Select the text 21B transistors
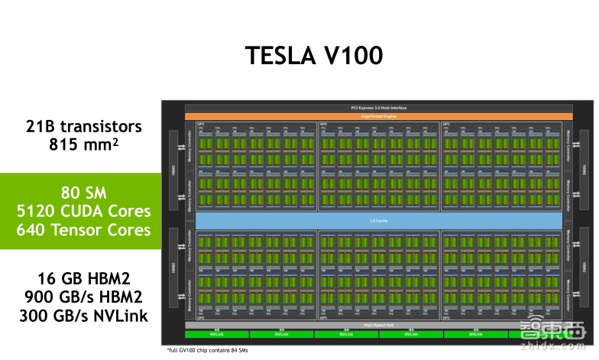tap(84, 127)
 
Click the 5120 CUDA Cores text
tap(83, 210)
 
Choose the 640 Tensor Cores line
tap(83, 229)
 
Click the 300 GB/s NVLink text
tap(84, 315)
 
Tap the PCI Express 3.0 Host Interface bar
tap(379, 109)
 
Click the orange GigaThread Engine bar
tap(379, 116)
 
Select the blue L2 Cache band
tap(379, 220)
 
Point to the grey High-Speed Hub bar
tap(379, 325)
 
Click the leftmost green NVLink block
tap(217, 334)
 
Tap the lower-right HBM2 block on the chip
tap(584, 268)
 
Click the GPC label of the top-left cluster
tap(200, 123)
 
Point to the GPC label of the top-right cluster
tap(447, 123)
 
